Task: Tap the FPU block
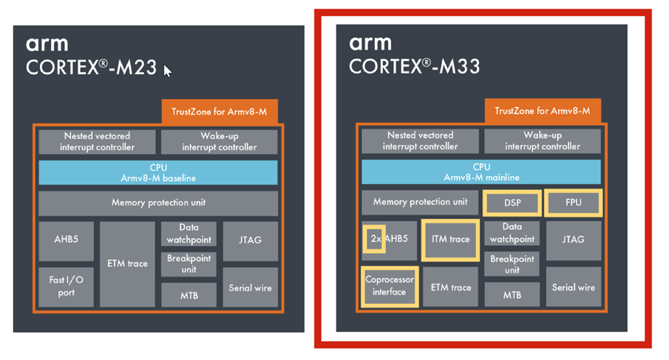point(574,203)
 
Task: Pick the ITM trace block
point(449,240)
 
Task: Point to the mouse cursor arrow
point(168,71)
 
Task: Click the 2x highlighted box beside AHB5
point(374,239)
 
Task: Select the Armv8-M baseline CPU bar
point(158,173)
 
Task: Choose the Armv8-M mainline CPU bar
point(481,172)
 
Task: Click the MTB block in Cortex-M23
point(189,296)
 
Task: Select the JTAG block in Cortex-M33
point(574,240)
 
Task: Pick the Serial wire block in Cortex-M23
point(251,288)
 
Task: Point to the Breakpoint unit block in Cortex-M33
point(512,265)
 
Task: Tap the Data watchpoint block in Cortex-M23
point(189,234)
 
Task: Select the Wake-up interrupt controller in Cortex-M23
point(219,141)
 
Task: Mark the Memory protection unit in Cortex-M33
point(420,202)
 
